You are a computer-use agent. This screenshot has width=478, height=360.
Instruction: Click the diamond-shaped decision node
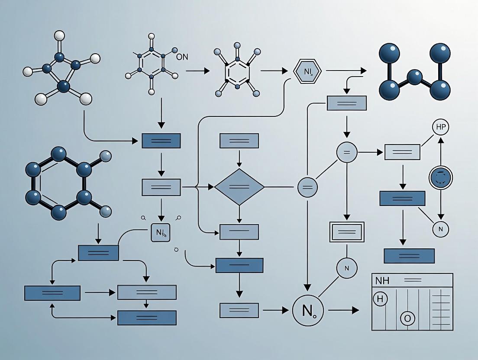pos(239,187)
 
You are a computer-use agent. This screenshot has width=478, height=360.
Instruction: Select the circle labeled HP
pos(440,128)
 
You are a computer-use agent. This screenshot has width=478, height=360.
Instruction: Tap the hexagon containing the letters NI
pos(307,72)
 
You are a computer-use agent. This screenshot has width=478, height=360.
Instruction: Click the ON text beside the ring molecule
pos(182,57)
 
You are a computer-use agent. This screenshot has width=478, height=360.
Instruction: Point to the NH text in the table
pos(382,280)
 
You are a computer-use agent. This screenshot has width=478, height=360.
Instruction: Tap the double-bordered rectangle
pos(347,232)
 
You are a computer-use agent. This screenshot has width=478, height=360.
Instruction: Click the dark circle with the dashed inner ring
pos(441,178)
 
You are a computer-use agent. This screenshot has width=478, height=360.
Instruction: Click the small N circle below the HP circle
pos(441,228)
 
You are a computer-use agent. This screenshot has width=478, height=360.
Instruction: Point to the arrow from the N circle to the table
pos(344,310)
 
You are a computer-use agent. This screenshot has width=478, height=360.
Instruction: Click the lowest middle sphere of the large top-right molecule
pos(415,78)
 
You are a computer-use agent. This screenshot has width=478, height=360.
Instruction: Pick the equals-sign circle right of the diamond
pos(308,188)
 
